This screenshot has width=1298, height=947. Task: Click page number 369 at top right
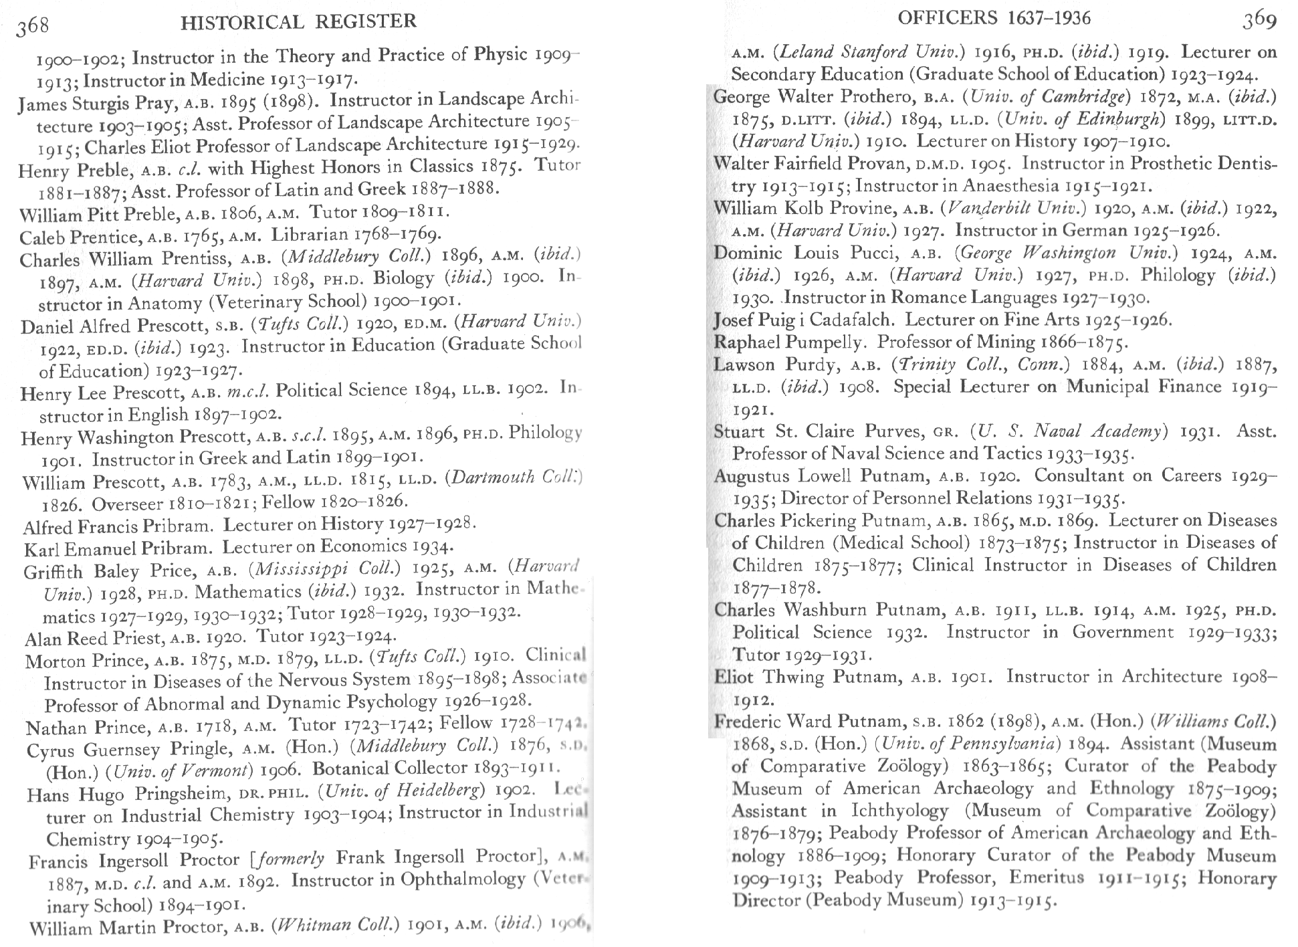click(x=1259, y=20)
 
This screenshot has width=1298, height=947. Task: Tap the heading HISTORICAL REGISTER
click(x=298, y=22)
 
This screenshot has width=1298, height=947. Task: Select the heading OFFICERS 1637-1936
click(x=994, y=18)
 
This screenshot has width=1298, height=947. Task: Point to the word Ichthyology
click(x=899, y=811)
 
